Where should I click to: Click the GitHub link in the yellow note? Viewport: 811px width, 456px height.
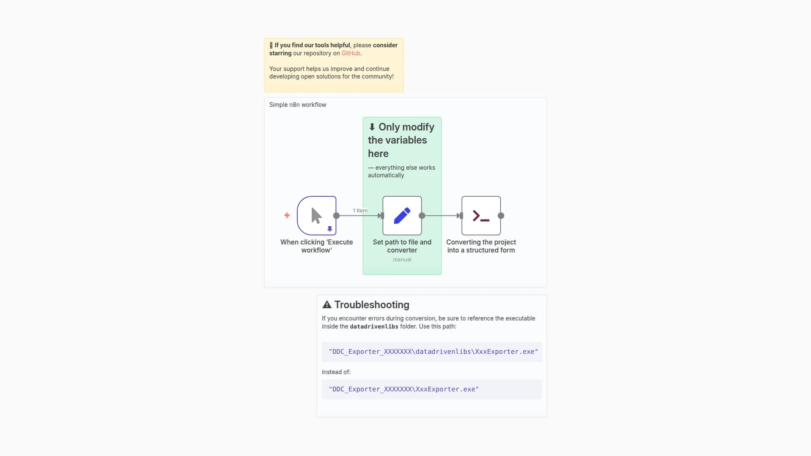click(351, 53)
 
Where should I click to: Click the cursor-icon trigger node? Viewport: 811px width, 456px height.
click(317, 215)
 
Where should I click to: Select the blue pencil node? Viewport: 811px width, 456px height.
click(402, 215)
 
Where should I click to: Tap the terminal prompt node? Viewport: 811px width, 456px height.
click(481, 215)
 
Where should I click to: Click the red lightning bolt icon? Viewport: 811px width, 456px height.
click(287, 215)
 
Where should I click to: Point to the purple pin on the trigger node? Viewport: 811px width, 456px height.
click(330, 229)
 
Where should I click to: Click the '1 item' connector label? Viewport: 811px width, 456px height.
click(360, 210)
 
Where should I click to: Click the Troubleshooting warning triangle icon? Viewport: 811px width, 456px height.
click(327, 304)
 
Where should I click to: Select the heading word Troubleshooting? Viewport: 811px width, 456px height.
click(372, 304)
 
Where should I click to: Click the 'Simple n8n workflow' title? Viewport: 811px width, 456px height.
click(298, 105)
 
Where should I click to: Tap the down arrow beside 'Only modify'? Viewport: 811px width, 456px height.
click(372, 127)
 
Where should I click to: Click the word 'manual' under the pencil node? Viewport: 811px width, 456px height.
click(402, 259)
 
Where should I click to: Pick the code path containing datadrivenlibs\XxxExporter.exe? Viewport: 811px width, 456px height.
click(433, 351)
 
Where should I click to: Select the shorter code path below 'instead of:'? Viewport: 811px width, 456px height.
click(404, 389)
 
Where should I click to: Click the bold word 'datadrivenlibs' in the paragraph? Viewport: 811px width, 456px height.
click(374, 326)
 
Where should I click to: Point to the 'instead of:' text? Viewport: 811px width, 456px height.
click(336, 372)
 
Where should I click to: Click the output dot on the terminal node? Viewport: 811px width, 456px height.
click(501, 216)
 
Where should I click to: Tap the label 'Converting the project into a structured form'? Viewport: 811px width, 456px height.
click(481, 246)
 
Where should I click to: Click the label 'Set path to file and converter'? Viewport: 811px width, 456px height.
click(402, 246)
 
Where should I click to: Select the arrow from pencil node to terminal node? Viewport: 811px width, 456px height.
click(442, 216)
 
